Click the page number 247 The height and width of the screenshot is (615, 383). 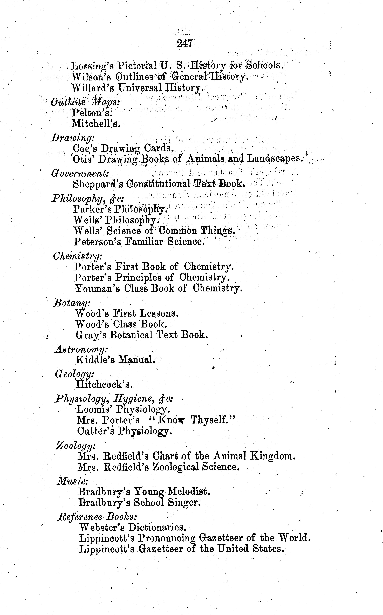pyautogui.click(x=185, y=44)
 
